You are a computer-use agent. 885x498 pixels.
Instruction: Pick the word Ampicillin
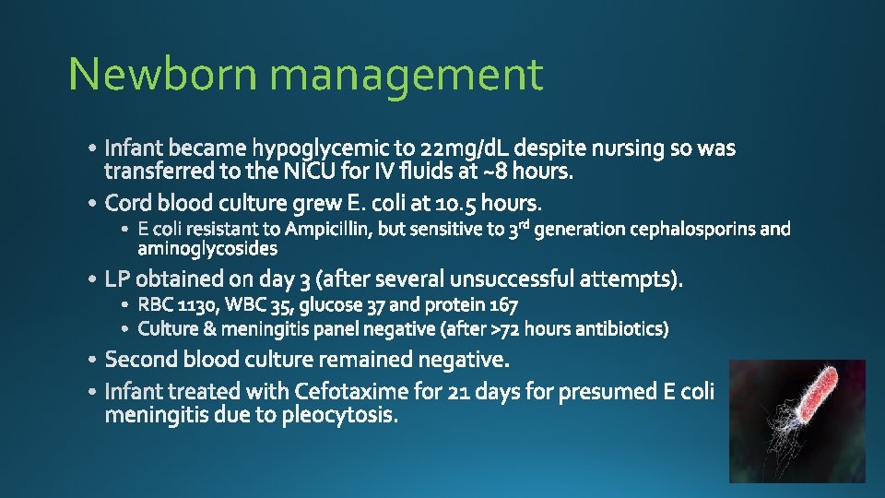pos(328,229)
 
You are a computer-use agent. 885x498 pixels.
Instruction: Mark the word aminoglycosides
pos(207,249)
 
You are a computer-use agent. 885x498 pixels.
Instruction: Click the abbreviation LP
pos(118,279)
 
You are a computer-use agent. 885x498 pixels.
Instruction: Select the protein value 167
pos(501,304)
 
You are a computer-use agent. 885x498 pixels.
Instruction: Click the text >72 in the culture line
pos(506,328)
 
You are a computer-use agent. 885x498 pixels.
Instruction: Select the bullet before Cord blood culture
pos(94,203)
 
